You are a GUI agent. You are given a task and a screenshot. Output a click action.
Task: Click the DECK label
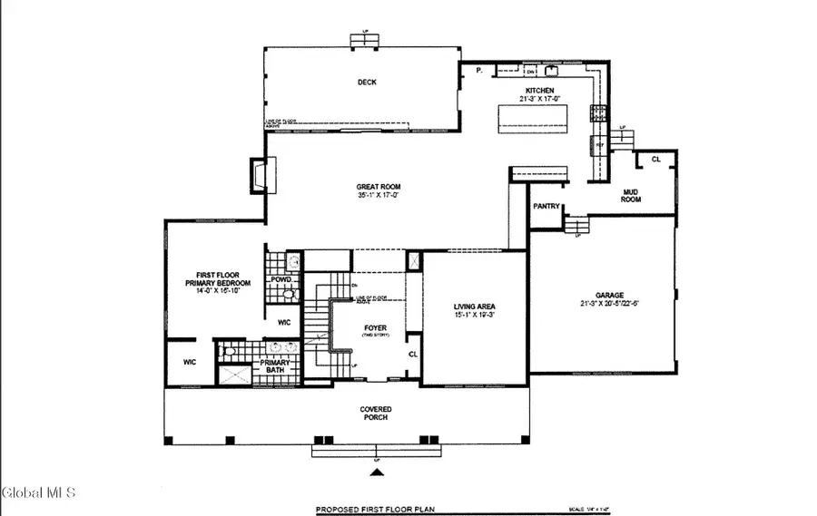click(x=367, y=83)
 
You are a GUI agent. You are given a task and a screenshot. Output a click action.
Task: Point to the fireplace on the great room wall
click(x=259, y=174)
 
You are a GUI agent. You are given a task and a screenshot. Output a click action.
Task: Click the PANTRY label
click(x=546, y=207)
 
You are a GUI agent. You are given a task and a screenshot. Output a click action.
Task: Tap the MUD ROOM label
click(x=631, y=195)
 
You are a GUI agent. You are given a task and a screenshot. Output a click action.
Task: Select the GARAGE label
click(x=608, y=297)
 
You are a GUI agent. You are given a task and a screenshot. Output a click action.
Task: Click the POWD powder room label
click(x=281, y=280)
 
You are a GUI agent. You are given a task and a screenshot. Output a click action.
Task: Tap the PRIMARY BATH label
click(x=274, y=366)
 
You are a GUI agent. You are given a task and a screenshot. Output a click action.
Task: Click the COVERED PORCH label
click(x=376, y=414)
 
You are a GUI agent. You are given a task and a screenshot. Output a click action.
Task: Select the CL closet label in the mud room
click(x=655, y=160)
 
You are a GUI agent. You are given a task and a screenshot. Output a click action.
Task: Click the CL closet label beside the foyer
click(x=413, y=355)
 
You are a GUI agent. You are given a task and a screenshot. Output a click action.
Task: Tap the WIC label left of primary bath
click(x=190, y=362)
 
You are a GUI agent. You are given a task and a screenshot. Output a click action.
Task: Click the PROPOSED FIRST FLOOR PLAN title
click(x=375, y=510)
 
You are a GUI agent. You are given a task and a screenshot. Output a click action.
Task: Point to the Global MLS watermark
click(x=39, y=493)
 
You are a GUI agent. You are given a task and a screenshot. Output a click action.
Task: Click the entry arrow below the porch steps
click(x=374, y=472)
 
